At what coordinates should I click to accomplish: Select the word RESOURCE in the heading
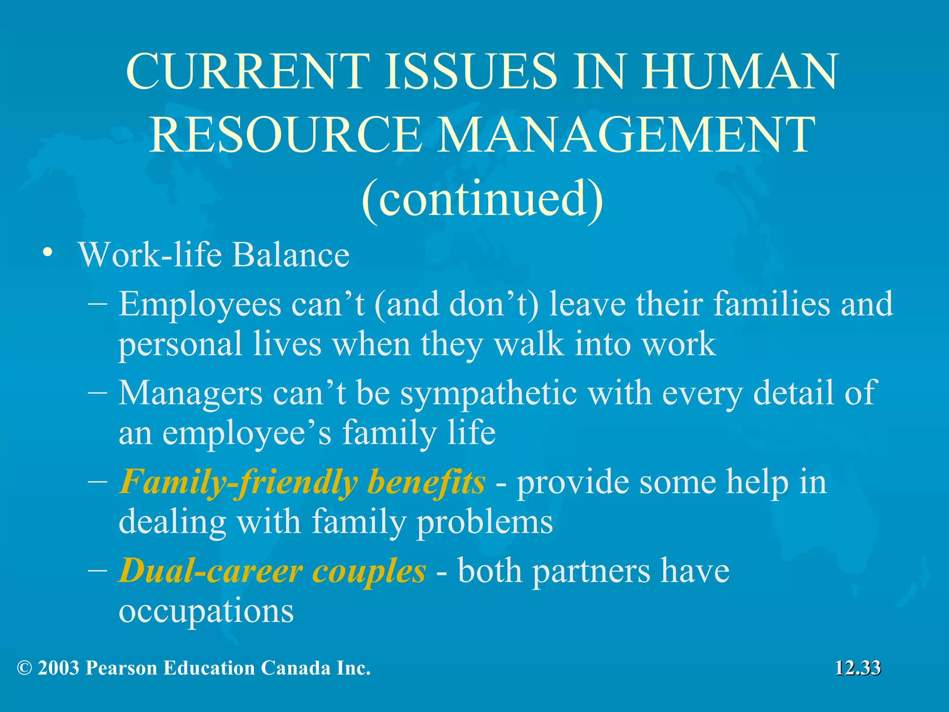[285, 135]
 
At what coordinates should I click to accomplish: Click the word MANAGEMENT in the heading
[625, 135]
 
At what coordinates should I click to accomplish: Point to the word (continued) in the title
[482, 200]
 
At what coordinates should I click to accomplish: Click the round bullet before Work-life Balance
[47, 253]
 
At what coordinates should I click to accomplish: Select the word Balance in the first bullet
[291, 255]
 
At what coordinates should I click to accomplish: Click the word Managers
[190, 394]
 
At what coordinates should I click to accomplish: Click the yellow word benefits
[426, 482]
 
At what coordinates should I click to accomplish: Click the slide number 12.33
[857, 668]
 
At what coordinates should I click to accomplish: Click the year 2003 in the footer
[58, 668]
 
